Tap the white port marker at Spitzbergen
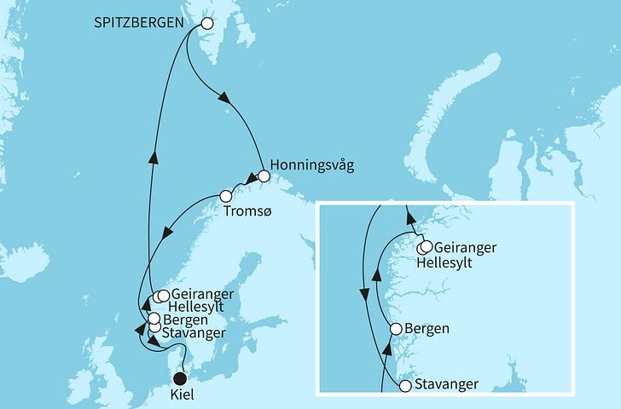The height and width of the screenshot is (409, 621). [205, 23]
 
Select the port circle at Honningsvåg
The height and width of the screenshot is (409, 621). [263, 176]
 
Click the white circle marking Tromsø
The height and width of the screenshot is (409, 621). [226, 194]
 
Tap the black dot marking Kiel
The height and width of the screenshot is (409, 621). [179, 378]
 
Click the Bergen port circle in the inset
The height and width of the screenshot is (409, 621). [396, 329]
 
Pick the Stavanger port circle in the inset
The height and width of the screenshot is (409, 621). [406, 385]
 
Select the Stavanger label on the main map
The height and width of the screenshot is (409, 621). [194, 332]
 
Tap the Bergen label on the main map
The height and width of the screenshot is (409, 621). [185, 320]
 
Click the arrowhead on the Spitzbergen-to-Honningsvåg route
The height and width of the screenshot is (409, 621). [226, 99]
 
